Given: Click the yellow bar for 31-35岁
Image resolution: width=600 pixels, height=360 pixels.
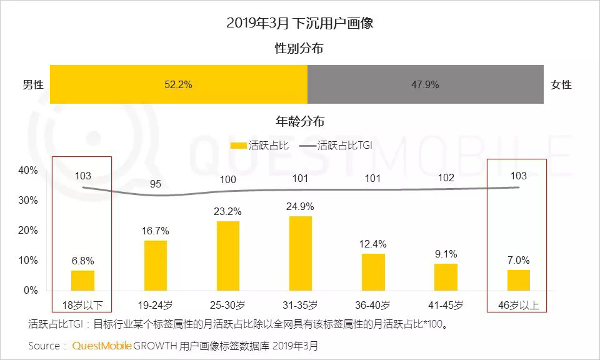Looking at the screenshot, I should tap(301, 253).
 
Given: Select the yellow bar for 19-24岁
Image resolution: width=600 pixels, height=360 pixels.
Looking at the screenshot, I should tap(156, 266).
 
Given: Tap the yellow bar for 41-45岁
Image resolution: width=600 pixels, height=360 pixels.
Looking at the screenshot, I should tap(446, 277).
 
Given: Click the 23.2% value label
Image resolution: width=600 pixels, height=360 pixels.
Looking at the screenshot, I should tap(228, 211).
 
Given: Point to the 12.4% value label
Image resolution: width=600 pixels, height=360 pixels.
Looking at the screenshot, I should tap(373, 244).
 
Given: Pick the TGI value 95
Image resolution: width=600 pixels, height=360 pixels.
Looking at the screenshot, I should tap(156, 184).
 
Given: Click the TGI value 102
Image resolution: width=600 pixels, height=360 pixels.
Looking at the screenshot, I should tap(446, 177).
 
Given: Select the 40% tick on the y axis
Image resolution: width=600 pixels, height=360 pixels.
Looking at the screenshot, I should tap(28, 170).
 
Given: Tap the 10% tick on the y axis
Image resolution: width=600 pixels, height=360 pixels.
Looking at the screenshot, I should tap(28, 261).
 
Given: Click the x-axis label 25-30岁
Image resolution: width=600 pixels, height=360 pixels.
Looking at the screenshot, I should tap(228, 306).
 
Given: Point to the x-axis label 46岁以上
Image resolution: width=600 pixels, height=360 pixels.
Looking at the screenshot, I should tap(518, 306).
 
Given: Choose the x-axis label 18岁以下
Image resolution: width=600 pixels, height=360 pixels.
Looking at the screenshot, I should tap(83, 306).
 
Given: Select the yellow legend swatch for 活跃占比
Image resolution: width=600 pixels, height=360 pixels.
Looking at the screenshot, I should tap(239, 146).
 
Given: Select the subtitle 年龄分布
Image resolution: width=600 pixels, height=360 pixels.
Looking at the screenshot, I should tap(300, 121).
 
